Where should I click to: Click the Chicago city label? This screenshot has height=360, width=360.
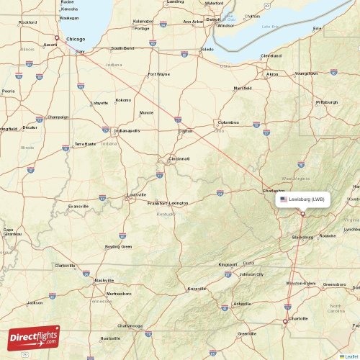coord(74,40)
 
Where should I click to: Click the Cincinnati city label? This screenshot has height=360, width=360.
coord(179,158)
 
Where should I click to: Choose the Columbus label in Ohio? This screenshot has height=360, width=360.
coord(228,122)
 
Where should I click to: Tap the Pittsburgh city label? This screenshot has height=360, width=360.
coord(326,102)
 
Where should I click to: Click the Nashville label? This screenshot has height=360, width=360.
coord(104,280)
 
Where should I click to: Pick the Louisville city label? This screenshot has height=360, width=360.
coord(136,194)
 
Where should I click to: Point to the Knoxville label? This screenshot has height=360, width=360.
coord(196,289)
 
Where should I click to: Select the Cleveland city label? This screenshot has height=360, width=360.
coord(271,55)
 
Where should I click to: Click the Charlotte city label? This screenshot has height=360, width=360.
coord(297,318)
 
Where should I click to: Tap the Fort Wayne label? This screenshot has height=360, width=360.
coord(159,74)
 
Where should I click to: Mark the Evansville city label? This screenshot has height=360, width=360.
coord(78,206)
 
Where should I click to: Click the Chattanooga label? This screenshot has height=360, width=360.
coord(130,325)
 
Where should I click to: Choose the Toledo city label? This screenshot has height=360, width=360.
coord(207,50)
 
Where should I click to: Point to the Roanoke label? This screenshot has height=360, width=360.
coord(328,235)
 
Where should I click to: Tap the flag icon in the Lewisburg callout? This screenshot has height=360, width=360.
coord(284,199)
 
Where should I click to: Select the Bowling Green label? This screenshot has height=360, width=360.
coord(118,247)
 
